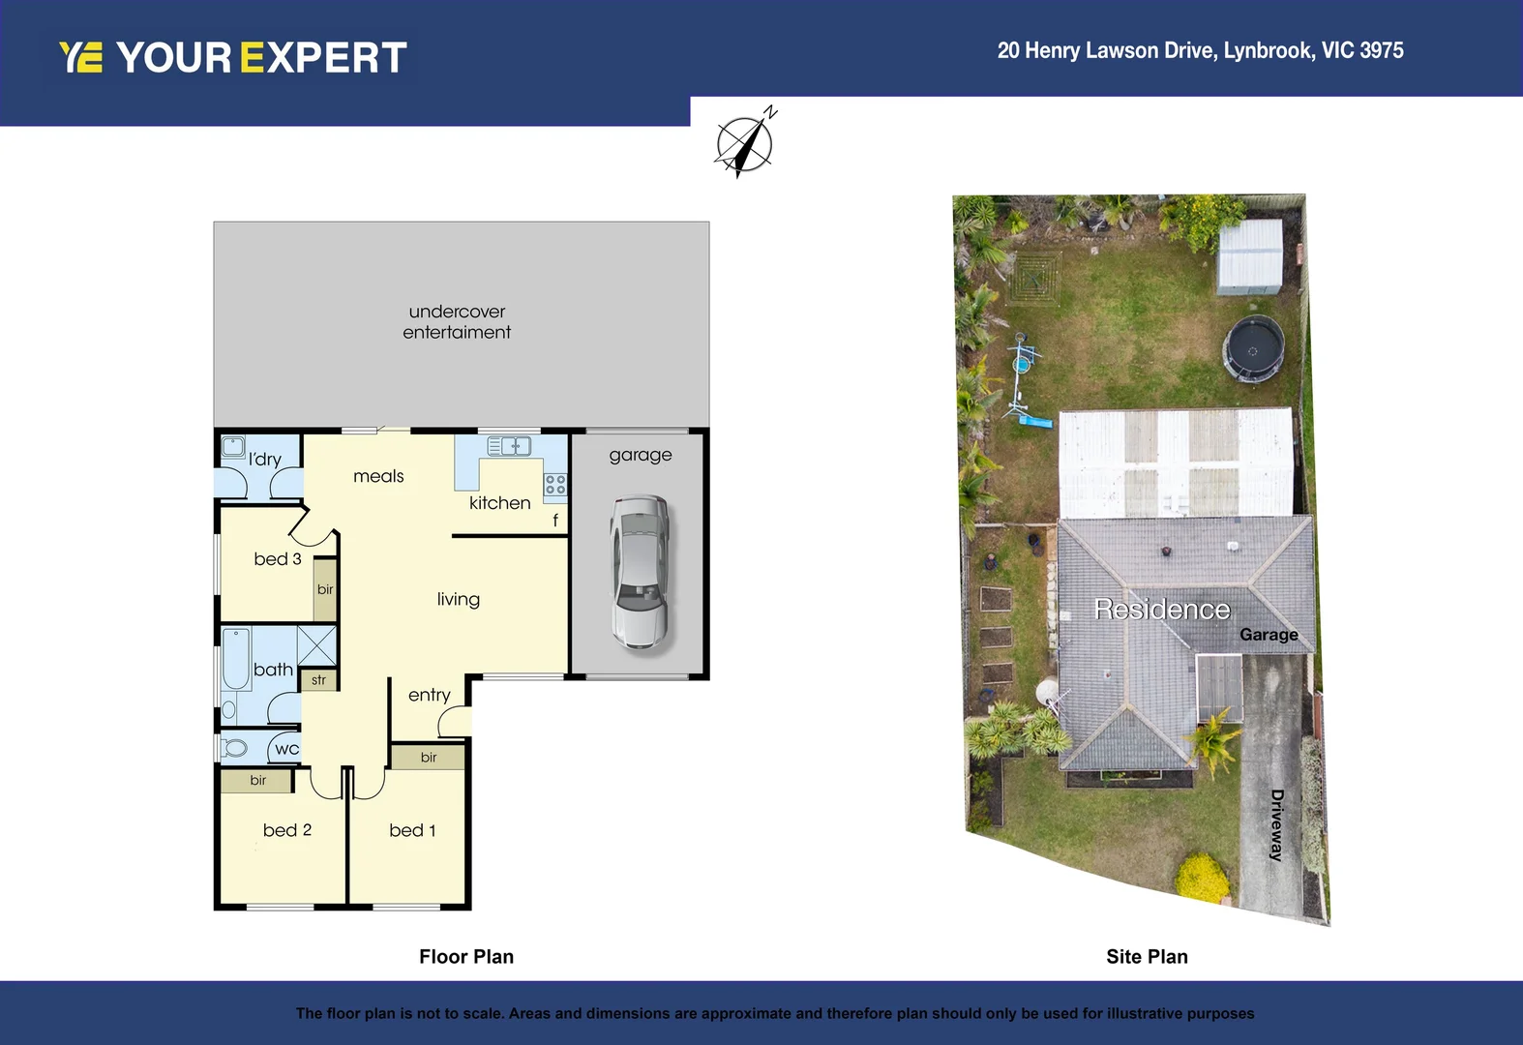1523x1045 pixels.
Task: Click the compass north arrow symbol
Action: tap(744, 144)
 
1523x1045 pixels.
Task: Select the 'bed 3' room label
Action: tap(278, 559)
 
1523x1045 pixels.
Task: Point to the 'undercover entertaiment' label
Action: tap(457, 322)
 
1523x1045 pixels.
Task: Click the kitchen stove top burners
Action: tap(554, 484)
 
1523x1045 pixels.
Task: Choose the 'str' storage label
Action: tap(318, 680)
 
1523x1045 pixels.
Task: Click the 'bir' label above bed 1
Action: tap(429, 758)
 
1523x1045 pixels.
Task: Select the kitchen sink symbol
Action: tap(509, 446)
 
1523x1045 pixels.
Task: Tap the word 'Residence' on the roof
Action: tap(1162, 610)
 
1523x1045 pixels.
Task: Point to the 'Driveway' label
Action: tap(1277, 825)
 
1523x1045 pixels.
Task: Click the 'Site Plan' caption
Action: tap(1147, 957)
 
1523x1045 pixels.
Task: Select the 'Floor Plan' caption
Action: tap(466, 957)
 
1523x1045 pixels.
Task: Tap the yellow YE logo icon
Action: tap(81, 57)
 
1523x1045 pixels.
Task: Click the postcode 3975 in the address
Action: tap(1381, 50)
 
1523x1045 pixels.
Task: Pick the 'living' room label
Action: tap(459, 600)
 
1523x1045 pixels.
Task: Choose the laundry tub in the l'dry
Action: tap(233, 447)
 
